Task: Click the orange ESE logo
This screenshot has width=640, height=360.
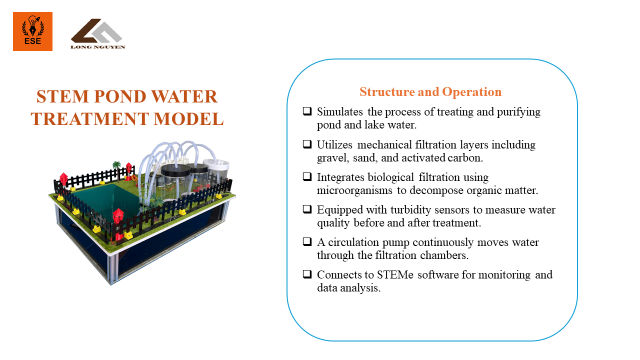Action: tap(33, 31)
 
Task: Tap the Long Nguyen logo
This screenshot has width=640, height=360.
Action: tap(98, 34)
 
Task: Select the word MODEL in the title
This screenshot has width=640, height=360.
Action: tap(189, 119)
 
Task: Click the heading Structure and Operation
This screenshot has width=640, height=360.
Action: tap(430, 92)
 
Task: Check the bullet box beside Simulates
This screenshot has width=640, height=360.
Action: tap(307, 111)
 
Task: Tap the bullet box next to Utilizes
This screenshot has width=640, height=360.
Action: tap(307, 144)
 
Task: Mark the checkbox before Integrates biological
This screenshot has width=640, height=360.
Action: tap(307, 177)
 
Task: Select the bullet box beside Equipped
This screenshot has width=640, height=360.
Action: tap(307, 209)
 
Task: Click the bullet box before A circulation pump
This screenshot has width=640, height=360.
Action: tap(307, 242)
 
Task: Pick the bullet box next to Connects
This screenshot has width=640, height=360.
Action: tap(307, 274)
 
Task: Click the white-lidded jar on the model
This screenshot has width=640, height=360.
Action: tap(216, 172)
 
